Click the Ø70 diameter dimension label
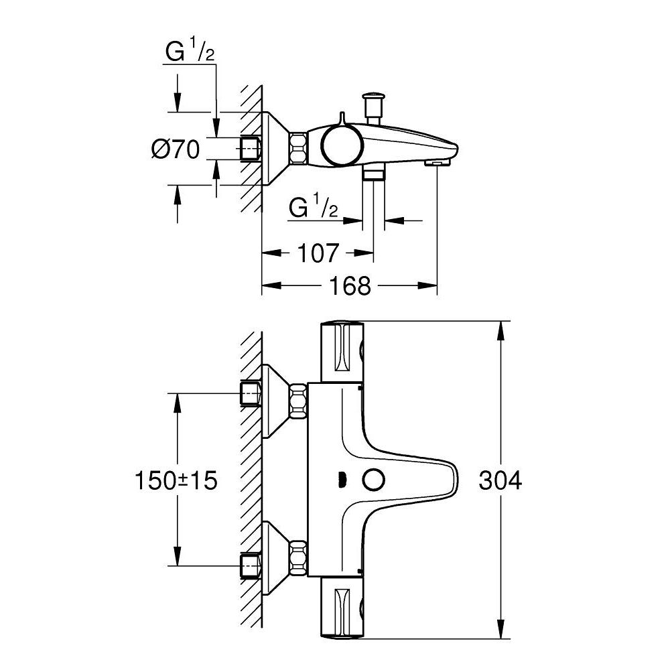[176, 149]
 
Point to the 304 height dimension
[500, 480]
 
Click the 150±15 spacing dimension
[176, 480]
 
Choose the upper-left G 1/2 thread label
[190, 54]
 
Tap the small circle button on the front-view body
[372, 480]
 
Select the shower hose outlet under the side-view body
[373, 174]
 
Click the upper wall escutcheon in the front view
[275, 400]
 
